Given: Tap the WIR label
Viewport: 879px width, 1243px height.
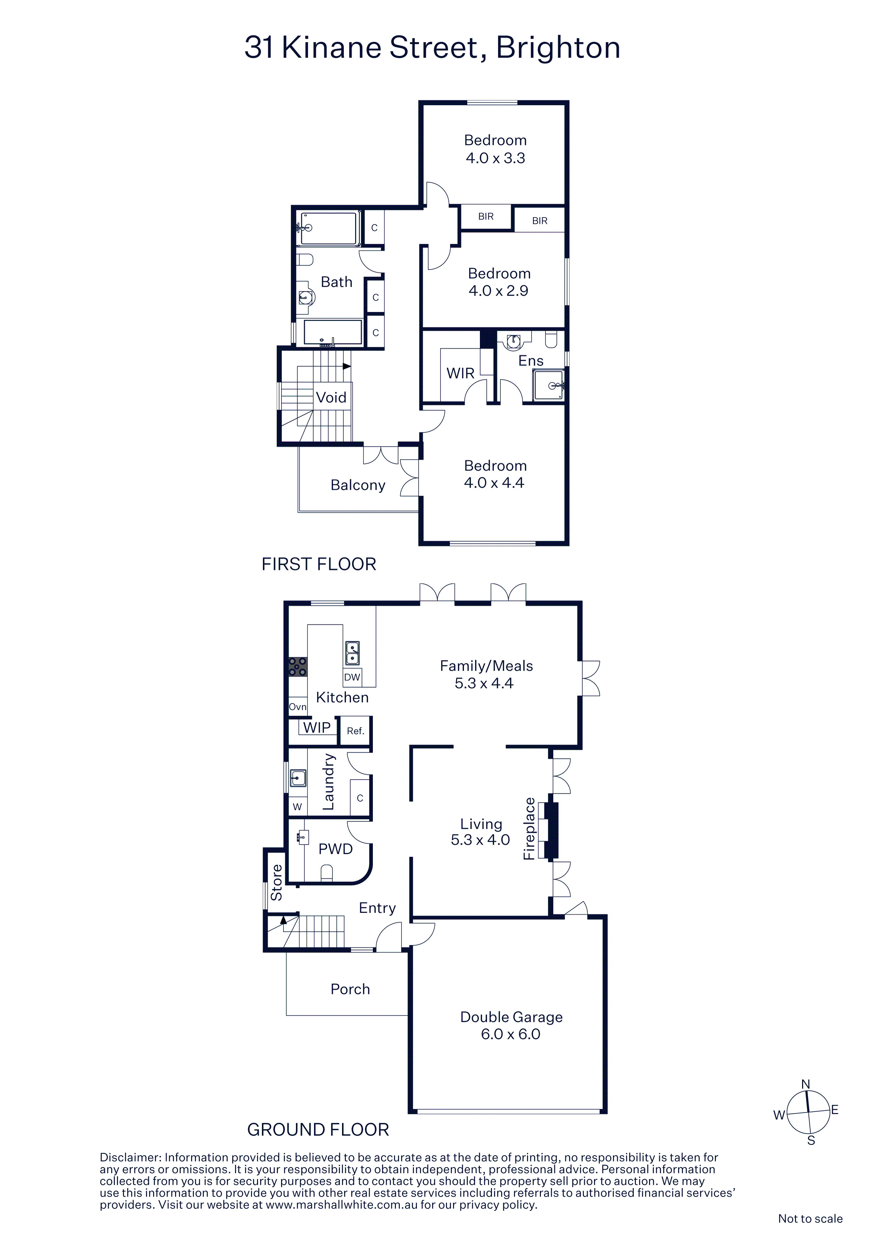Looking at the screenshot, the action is [460, 373].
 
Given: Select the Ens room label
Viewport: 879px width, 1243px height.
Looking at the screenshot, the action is [531, 361].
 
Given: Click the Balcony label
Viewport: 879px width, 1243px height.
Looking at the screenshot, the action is [358, 485].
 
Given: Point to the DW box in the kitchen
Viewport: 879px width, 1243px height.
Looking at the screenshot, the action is [352, 677].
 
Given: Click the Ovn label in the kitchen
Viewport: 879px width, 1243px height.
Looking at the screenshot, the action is [297, 707].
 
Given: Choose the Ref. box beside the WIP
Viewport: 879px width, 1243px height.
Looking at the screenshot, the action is [355, 731].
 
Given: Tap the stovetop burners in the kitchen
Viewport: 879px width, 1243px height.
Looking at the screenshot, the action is [297, 667].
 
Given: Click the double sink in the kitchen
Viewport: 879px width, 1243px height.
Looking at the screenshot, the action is [352, 653].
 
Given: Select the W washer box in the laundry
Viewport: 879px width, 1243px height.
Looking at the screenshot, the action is [297, 807].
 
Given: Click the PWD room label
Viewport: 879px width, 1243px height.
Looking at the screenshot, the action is [335, 849].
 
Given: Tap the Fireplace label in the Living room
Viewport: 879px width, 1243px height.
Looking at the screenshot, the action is [529, 829].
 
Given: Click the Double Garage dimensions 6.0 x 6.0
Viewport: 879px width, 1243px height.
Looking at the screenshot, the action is [511, 1034].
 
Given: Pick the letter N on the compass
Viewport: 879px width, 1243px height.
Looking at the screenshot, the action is [805, 1084].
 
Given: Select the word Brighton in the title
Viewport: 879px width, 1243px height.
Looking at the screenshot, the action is [558, 47].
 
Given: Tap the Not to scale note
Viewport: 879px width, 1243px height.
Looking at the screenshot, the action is [810, 1219].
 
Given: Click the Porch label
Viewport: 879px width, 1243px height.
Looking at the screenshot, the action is [351, 989].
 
